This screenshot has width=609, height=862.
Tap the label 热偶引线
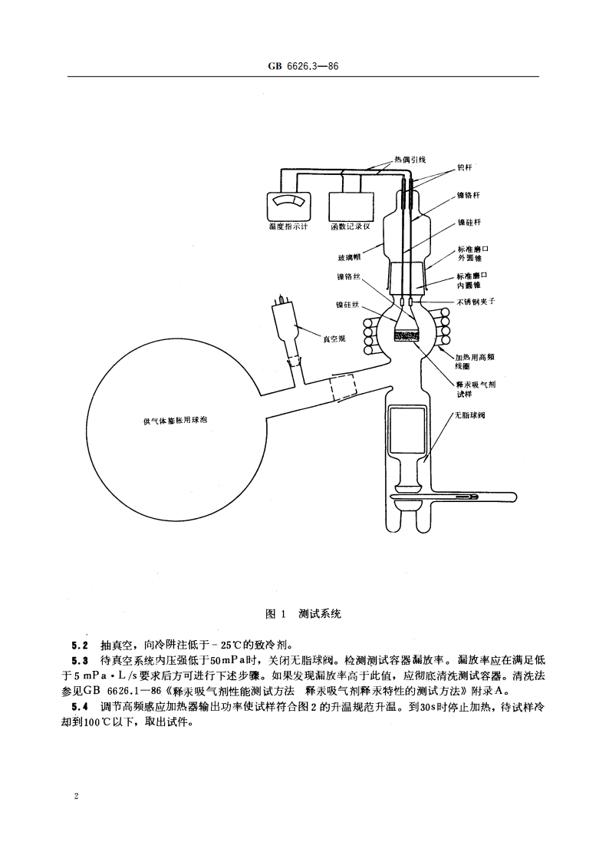409,160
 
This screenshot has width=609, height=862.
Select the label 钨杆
466,167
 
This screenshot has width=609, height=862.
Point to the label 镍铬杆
469,196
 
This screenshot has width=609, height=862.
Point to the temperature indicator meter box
288,205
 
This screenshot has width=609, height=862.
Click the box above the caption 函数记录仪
350,205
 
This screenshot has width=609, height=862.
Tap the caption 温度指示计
288,227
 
